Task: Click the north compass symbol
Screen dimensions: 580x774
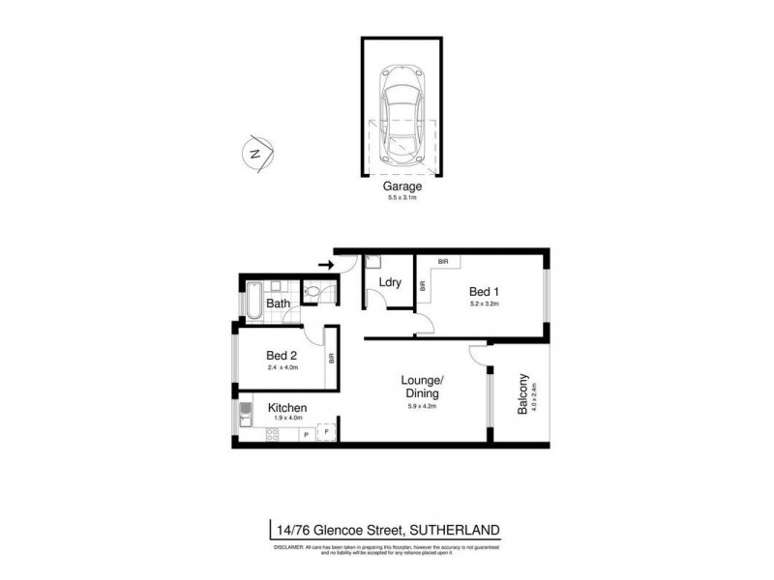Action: point(256,154)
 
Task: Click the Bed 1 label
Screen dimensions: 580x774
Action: point(485,291)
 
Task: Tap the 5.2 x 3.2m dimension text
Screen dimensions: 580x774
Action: point(485,304)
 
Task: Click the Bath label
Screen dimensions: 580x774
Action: point(278,304)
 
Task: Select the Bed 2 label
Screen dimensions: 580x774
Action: point(283,356)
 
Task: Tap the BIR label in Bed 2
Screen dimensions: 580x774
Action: point(331,357)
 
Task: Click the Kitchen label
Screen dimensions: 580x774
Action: point(287,408)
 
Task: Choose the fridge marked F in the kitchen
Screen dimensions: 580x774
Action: point(327,433)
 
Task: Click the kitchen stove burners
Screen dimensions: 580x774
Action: point(272,434)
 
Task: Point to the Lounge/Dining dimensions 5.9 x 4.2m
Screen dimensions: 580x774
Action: point(423,407)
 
